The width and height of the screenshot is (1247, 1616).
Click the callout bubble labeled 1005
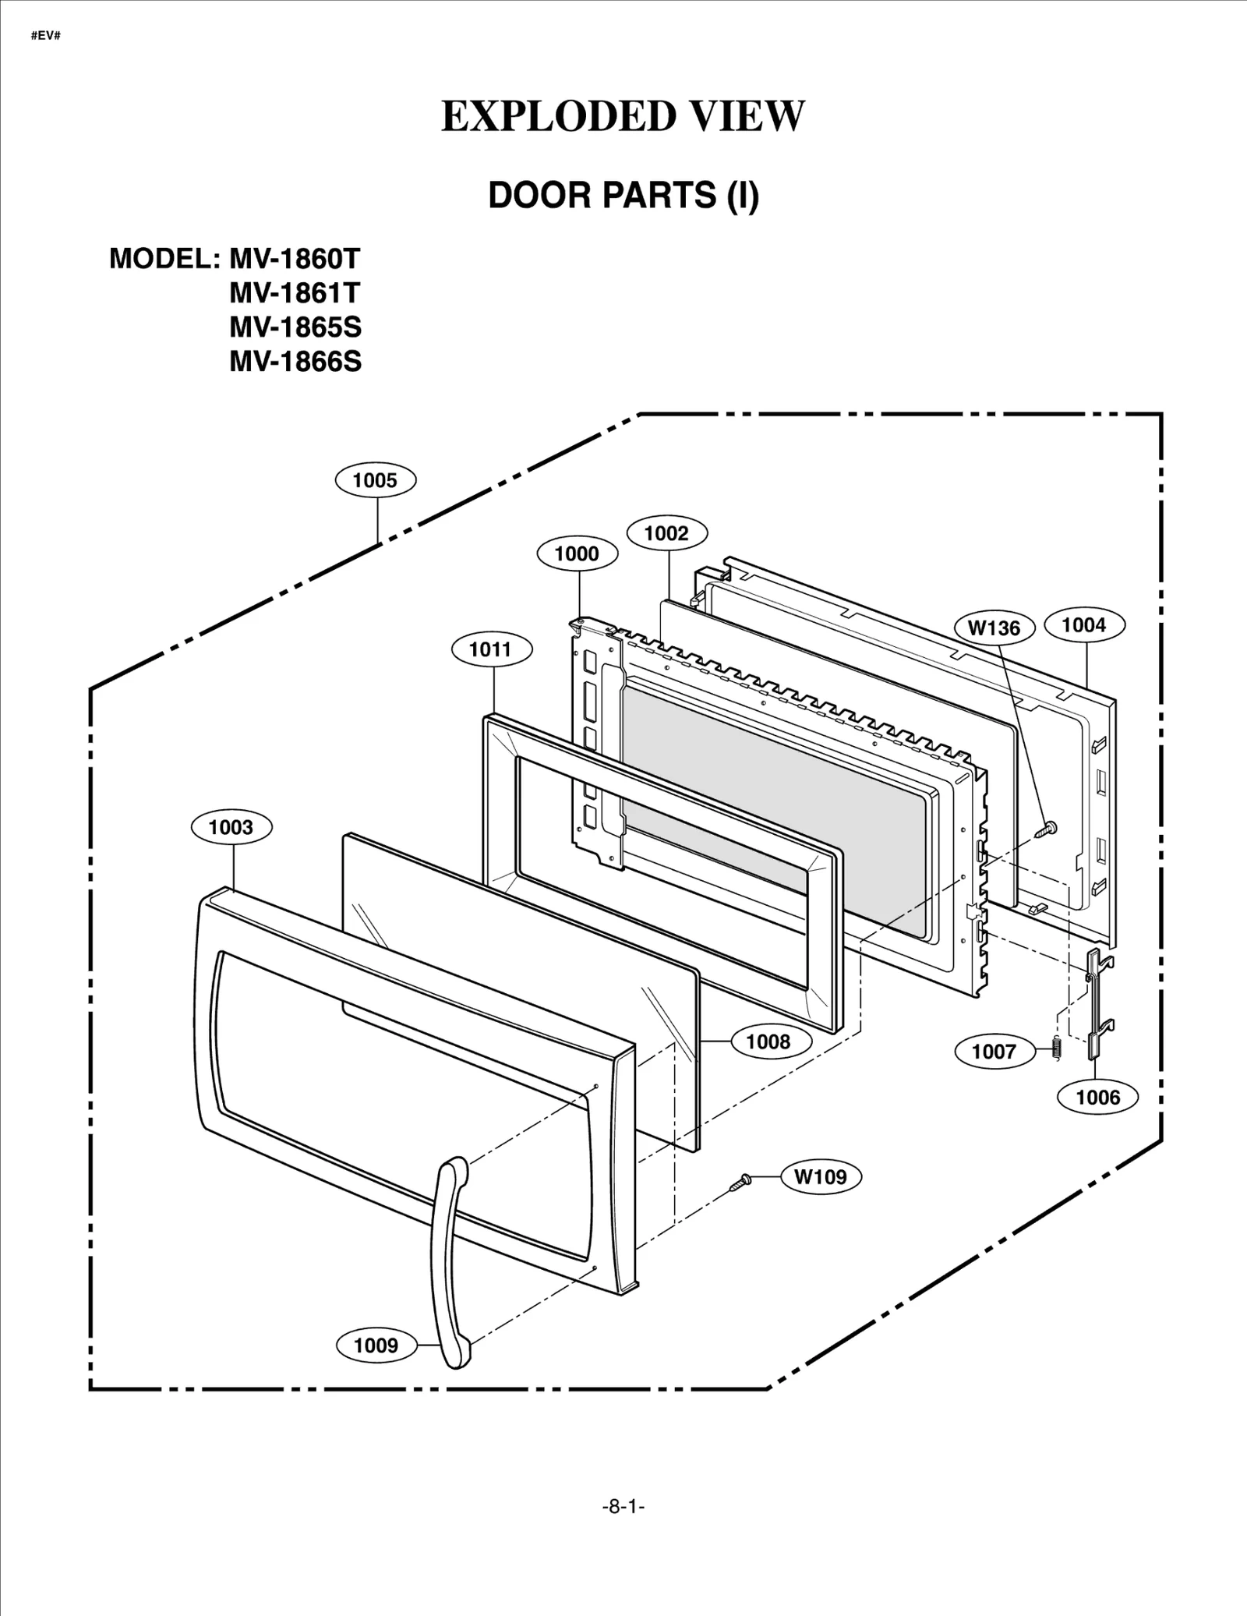[375, 480]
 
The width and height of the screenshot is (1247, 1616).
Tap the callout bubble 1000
[577, 554]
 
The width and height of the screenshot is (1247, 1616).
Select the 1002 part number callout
[666, 533]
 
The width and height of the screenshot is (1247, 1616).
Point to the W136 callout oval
[994, 628]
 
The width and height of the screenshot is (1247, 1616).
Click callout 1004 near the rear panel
[1083, 624]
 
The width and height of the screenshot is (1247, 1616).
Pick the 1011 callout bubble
[490, 649]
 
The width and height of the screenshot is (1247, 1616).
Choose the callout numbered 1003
[231, 827]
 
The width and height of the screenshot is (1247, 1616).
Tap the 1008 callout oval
[768, 1041]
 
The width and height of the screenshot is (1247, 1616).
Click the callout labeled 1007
[994, 1052]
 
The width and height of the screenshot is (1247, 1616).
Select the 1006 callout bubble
[1097, 1098]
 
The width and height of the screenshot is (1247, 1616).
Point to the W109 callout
[821, 1176]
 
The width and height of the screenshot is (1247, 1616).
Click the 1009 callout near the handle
[376, 1345]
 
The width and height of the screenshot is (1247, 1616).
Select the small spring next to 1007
[1057, 1050]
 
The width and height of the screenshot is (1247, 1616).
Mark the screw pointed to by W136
[1045, 829]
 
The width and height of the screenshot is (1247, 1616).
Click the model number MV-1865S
[295, 327]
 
